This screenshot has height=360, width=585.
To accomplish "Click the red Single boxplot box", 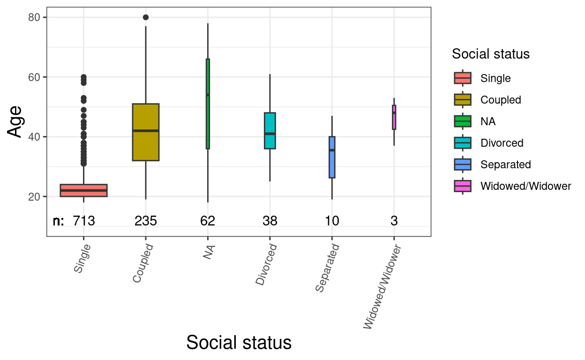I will point(83,190).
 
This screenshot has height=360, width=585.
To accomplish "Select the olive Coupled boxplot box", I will point(146,132).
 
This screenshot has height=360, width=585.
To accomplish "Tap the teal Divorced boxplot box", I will point(270,131).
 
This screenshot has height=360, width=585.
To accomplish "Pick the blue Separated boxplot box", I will point(332,157).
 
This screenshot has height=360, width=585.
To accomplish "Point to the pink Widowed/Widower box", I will point(394,117).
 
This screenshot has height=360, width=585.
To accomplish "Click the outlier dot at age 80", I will point(146,17).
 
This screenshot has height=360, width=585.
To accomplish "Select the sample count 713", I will point(83,221).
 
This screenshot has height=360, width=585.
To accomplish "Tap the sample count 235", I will point(146,221).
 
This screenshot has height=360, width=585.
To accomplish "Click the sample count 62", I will point(208,221).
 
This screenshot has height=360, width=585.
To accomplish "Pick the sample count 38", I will point(270,221).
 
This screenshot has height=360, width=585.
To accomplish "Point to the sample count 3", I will point(394,221).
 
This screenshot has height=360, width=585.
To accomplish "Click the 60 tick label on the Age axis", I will point(34,77).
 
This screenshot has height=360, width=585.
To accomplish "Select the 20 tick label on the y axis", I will point(34,196).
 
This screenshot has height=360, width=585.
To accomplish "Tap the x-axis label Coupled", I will point(143,263).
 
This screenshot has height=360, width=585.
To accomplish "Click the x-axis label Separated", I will point(327,268).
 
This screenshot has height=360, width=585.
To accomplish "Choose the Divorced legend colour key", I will point(462,143).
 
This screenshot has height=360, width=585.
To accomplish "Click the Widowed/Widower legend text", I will point(525,186).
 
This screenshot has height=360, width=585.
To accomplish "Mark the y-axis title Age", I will point(15,121).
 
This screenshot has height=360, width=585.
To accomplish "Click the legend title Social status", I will point(490,54).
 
